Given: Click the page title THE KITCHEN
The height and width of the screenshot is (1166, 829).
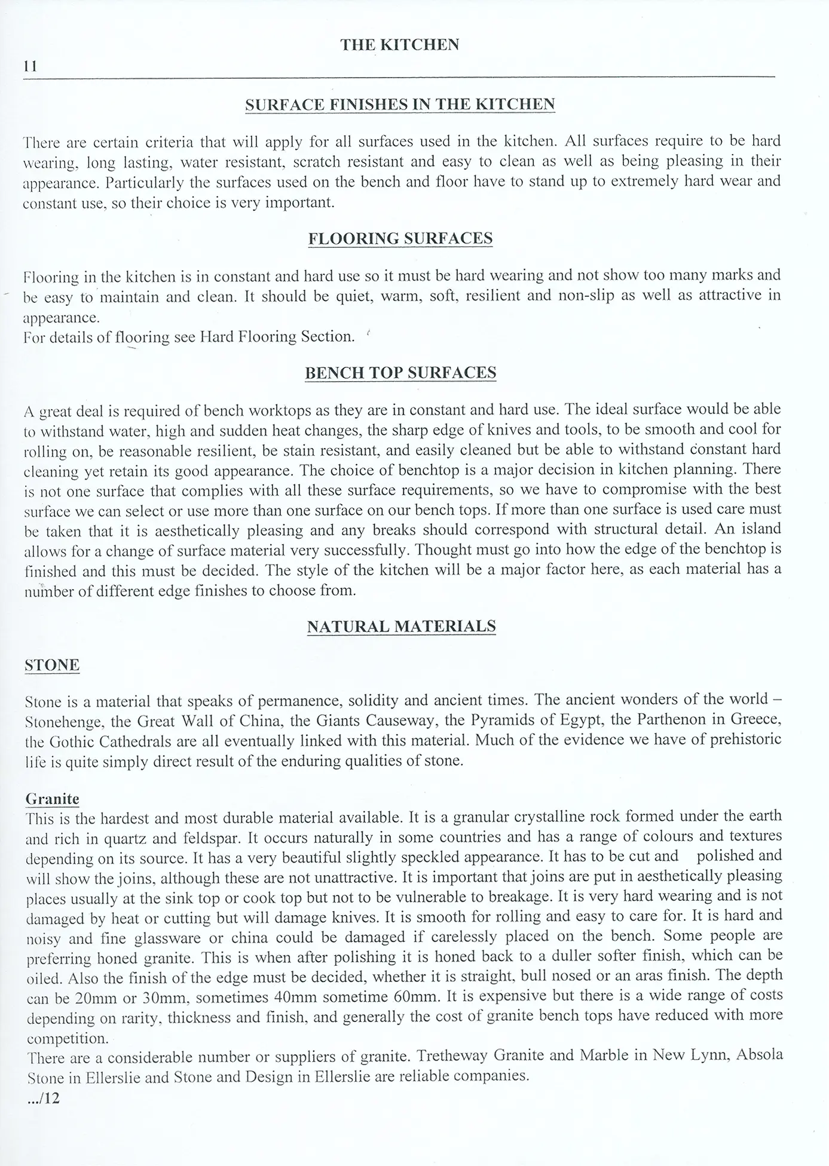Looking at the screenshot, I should click(x=399, y=45).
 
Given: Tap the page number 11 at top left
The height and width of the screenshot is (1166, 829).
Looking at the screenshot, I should click(x=30, y=67).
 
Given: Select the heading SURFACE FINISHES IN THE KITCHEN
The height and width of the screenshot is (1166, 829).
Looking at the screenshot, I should click(x=400, y=105).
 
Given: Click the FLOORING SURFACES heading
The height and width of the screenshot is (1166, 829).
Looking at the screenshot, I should click(x=400, y=238).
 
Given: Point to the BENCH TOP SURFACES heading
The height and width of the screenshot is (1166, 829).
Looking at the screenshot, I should click(x=400, y=373).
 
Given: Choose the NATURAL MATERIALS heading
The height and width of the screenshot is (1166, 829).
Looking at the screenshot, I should click(x=401, y=626).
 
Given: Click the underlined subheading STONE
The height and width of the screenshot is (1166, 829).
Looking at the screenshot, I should click(x=52, y=665).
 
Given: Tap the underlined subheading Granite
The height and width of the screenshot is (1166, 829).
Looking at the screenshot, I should click(x=53, y=799).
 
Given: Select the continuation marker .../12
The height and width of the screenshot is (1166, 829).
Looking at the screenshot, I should click(x=43, y=1098).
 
